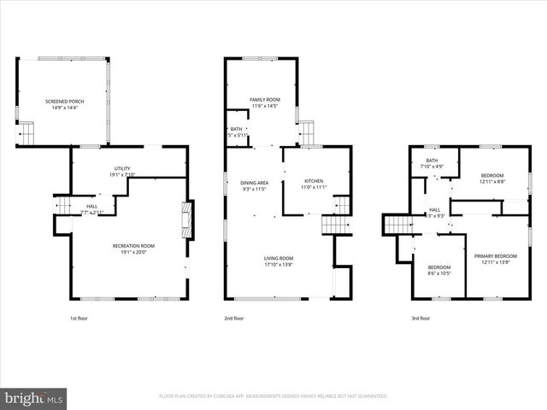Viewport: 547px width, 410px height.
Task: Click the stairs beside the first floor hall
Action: click(63, 205)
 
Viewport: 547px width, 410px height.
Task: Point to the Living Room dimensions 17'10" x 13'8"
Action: click(279, 264)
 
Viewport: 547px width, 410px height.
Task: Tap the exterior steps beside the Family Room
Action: click(306, 133)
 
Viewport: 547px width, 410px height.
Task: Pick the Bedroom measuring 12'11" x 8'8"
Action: click(491, 179)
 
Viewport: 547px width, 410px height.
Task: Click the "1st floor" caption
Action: click(79, 318)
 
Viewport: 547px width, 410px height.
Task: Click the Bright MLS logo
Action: click(34, 397)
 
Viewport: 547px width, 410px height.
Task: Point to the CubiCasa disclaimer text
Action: click(273, 396)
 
